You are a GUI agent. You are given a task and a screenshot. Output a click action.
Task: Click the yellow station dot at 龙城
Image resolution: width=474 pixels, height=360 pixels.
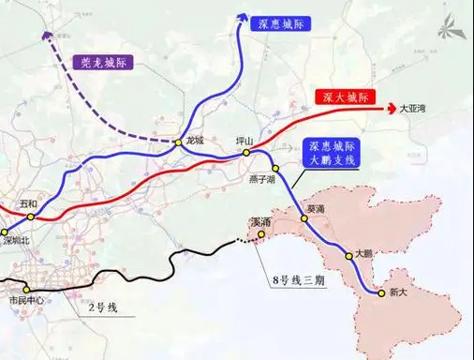pos(177,142)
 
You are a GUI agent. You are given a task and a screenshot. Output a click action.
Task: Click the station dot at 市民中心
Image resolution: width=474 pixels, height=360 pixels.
pos(26,289)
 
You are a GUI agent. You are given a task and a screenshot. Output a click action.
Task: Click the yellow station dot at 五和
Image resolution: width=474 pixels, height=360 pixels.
pos(30,217)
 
